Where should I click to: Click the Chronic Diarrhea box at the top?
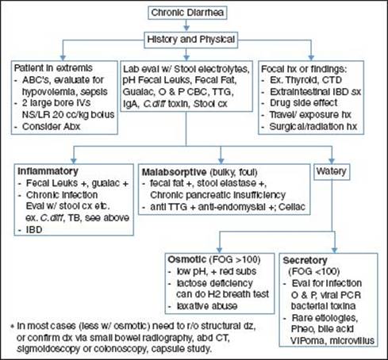(187, 13)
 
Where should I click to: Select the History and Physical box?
(190, 40)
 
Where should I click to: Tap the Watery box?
(332, 171)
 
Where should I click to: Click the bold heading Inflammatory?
(48, 171)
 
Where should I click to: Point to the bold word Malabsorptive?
(175, 172)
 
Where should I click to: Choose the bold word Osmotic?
(187, 259)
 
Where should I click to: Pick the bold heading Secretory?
(305, 260)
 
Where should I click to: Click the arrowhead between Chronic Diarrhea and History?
(186, 28)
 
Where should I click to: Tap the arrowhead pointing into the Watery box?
(332, 161)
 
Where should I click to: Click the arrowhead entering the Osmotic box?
(219, 250)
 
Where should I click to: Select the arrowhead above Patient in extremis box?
(63, 57)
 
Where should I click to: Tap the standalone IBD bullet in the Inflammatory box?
(34, 230)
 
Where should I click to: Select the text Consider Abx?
(51, 126)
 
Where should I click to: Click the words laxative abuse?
(207, 306)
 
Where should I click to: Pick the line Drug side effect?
(303, 102)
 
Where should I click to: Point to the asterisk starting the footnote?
(12, 326)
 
